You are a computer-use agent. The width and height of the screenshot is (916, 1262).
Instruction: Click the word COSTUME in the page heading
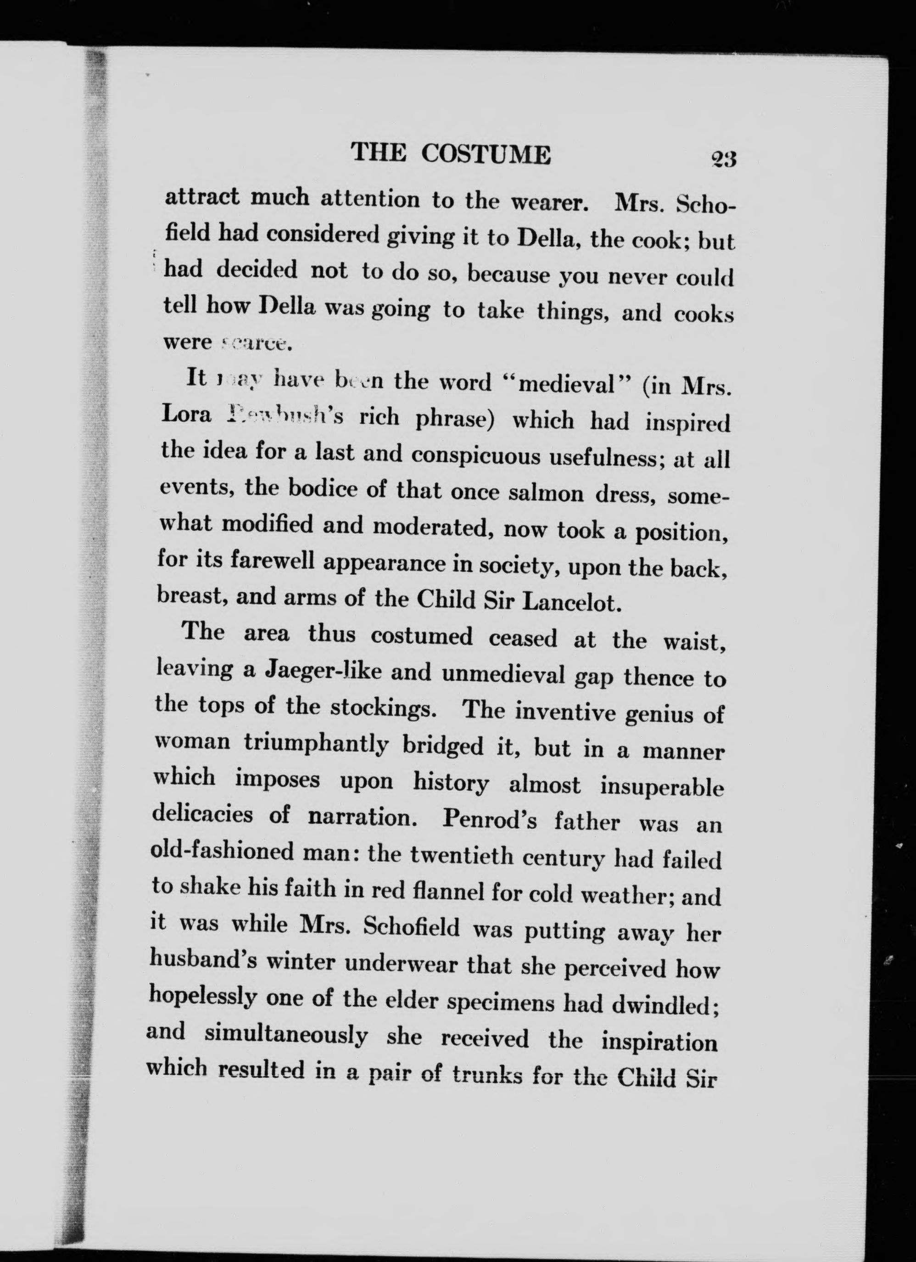[486, 154]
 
